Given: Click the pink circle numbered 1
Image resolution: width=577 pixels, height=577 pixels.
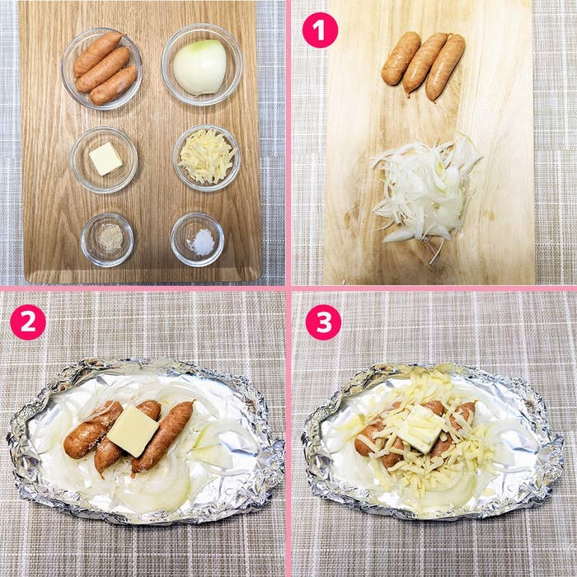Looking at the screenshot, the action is [x=320, y=30].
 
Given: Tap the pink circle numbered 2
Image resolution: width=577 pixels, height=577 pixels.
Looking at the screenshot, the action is [x=28, y=322].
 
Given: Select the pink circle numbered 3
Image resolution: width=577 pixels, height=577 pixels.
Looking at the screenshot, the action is [x=323, y=322].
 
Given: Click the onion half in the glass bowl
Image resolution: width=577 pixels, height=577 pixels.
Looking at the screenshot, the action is [x=199, y=67].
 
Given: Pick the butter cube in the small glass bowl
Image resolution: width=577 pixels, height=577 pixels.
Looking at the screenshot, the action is [x=106, y=158].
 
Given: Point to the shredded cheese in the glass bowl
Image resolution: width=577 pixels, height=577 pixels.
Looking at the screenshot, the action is [x=207, y=156].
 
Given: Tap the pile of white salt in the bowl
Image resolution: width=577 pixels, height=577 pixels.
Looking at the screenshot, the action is [x=202, y=241].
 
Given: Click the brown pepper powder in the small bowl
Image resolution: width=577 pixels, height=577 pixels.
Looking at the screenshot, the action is [x=110, y=237].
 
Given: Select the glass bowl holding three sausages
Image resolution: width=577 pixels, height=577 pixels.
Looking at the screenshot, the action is [x=101, y=68].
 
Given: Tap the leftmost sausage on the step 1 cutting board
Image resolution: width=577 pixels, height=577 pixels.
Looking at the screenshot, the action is [x=401, y=58].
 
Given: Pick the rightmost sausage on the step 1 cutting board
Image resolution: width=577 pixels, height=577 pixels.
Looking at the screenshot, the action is [x=445, y=67].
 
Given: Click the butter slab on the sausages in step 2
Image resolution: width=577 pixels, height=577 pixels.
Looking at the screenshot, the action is [x=134, y=431].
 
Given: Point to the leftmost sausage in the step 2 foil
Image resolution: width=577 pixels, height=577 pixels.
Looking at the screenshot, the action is [x=92, y=429].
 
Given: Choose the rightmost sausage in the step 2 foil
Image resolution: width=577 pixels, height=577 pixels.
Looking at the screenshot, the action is [x=162, y=437].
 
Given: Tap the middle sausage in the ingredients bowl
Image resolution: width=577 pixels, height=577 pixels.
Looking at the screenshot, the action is [x=103, y=69].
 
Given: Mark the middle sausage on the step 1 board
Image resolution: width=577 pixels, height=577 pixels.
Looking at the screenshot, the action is [x=425, y=63].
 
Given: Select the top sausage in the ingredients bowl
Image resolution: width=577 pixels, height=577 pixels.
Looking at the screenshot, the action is [x=98, y=54].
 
